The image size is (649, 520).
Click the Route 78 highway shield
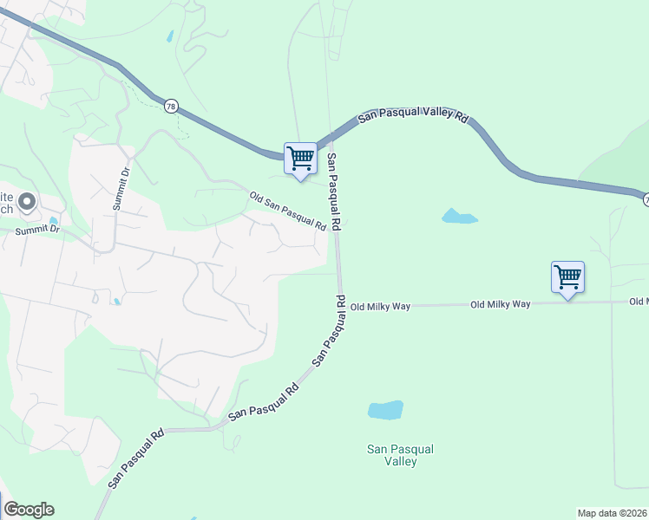pos(170,105)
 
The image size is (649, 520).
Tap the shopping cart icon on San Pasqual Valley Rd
pos(300,159)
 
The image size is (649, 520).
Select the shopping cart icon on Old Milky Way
pos(567,278)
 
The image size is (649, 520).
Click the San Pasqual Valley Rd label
pos(413,117)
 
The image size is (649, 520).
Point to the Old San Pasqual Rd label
pos(287,211)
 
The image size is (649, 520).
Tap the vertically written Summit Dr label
pos(120,188)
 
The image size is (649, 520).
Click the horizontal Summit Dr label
pos(37,230)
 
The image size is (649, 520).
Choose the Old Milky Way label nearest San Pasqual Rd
pos(379,306)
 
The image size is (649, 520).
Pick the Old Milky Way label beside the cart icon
pos(500,304)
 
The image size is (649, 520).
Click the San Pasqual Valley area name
pos(400,455)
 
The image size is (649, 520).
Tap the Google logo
pos(29,510)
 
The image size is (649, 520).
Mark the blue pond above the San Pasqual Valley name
pos(386,409)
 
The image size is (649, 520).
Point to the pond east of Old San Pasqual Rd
pos(460,216)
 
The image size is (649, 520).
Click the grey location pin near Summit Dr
pos(26,204)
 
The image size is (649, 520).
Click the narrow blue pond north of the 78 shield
pos(170,36)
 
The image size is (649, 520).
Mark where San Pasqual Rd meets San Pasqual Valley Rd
pos(331,138)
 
